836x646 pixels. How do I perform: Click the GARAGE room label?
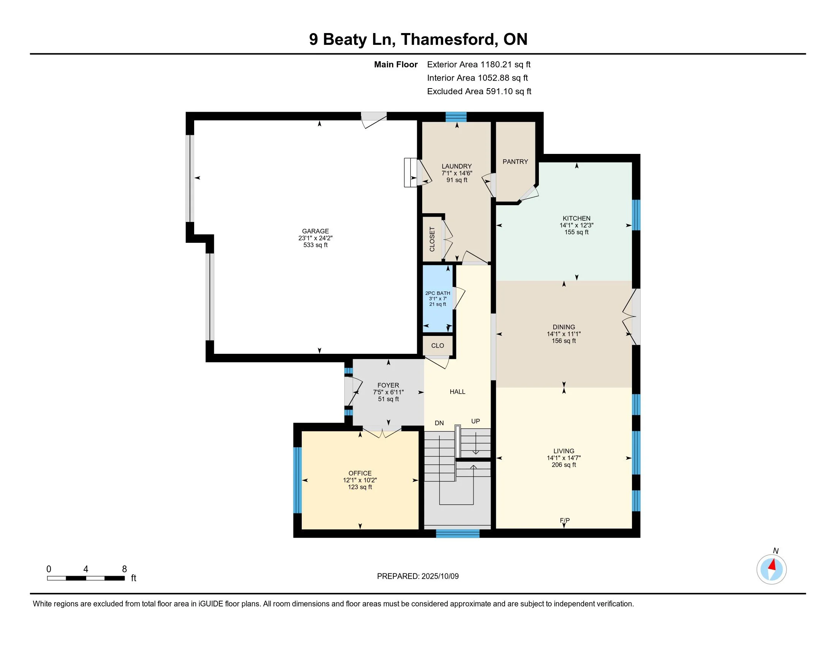tap(315, 231)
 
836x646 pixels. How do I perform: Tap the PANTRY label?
tap(515, 162)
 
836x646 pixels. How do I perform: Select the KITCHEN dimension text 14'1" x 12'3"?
tap(576, 225)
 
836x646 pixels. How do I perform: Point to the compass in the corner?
tap(772, 569)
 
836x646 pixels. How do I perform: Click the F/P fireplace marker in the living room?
tap(565, 520)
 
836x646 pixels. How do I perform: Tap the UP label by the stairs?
tap(475, 421)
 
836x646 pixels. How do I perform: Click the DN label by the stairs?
tap(439, 423)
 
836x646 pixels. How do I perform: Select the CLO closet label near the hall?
tap(437, 345)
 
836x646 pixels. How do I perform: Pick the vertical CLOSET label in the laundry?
tap(432, 239)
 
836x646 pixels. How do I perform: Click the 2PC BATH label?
tap(438, 293)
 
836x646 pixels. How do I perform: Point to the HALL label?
tap(458, 391)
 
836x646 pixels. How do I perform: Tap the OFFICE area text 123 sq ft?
tap(360, 487)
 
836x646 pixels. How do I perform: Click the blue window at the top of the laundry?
tap(456, 117)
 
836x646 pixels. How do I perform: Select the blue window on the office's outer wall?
tap(298, 480)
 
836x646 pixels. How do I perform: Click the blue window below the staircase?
tap(458, 533)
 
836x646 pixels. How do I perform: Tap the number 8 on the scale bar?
tap(124, 569)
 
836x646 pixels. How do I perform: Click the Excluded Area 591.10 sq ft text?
tap(479, 92)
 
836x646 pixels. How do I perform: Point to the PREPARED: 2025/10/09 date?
tap(418, 576)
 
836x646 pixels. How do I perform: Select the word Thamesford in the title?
tap(448, 40)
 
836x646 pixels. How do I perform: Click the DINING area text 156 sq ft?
tap(564, 340)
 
